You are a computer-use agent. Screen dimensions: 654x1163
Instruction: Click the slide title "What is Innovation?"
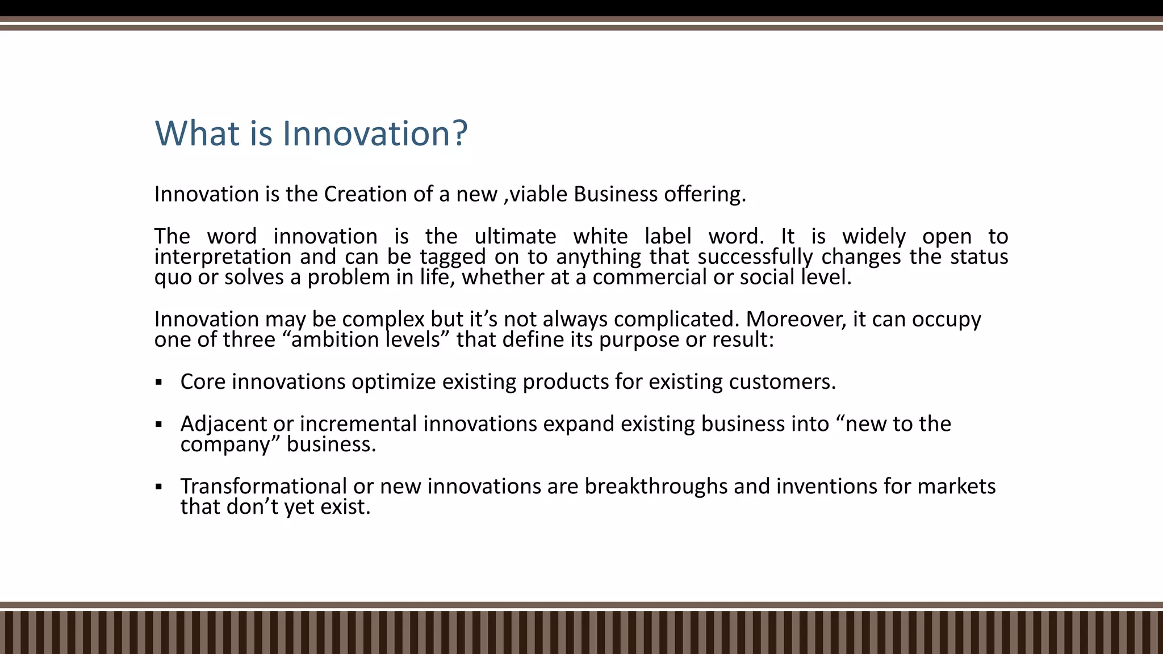point(311,133)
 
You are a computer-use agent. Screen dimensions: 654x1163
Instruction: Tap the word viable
point(539,194)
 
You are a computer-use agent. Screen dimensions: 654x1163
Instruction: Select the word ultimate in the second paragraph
point(515,236)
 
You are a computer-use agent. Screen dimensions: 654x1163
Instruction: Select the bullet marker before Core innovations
point(159,382)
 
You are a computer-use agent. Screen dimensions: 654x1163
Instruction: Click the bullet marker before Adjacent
point(159,424)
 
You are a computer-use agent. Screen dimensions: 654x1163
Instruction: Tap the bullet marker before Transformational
point(159,487)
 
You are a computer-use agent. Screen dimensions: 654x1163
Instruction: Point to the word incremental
point(358,424)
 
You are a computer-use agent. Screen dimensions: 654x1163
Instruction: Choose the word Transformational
point(263,487)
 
